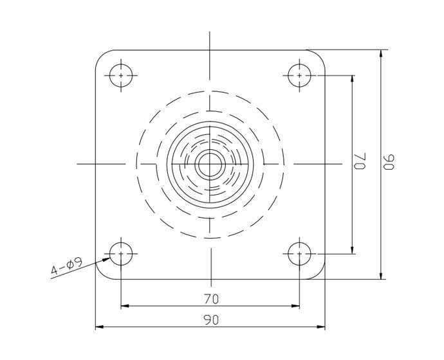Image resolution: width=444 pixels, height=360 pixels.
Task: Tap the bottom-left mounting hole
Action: pyautogui.click(x=121, y=253)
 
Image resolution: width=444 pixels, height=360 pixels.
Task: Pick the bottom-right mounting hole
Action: pyautogui.click(x=300, y=253)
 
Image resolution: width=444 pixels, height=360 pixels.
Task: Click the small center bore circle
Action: pyautogui.click(x=210, y=165)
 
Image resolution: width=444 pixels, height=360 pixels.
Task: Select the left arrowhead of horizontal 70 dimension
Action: pyautogui.click(x=125, y=305)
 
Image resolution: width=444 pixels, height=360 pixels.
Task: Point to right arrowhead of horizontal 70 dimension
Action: pyautogui.click(x=296, y=305)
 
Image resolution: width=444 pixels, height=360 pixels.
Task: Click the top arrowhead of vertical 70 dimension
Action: pyautogui.click(x=353, y=78)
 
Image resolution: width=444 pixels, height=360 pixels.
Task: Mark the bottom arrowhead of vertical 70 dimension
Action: pyautogui.click(x=353, y=249)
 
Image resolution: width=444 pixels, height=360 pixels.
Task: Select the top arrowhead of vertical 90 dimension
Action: pyautogui.click(x=382, y=53)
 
